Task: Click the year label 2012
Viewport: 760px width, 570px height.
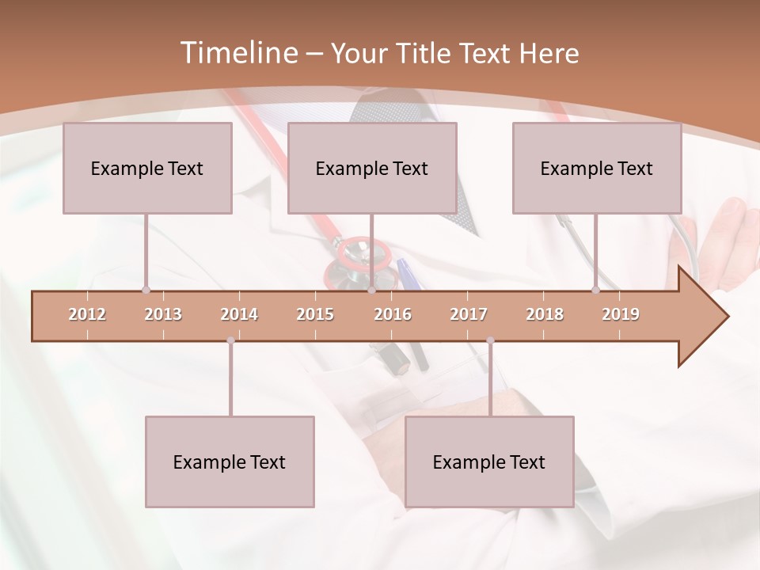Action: point(87,314)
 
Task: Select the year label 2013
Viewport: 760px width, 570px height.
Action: point(163,314)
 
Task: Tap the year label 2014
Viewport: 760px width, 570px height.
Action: point(239,314)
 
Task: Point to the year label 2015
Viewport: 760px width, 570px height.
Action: point(315,314)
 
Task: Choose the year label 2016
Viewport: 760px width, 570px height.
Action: point(393,314)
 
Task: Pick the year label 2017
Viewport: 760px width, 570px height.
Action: point(469,314)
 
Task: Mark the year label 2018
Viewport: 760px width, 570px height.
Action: point(545,314)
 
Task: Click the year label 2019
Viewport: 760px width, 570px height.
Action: point(621,314)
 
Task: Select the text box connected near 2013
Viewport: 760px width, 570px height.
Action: point(147,168)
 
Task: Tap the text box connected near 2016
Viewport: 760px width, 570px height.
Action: point(372,168)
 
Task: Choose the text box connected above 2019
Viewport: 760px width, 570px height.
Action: point(597,168)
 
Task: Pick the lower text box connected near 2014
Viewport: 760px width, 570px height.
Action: point(230,462)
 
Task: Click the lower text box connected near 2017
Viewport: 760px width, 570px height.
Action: point(489,462)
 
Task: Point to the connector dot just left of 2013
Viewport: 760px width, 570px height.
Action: point(146,291)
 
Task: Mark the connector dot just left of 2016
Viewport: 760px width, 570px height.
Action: point(371,291)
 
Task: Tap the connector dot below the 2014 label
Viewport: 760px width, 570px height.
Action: point(230,340)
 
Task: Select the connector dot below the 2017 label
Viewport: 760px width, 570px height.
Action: point(490,340)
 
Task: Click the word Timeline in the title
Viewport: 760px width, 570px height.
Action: point(237,53)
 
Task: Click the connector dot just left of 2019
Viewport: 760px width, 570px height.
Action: point(595,291)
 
